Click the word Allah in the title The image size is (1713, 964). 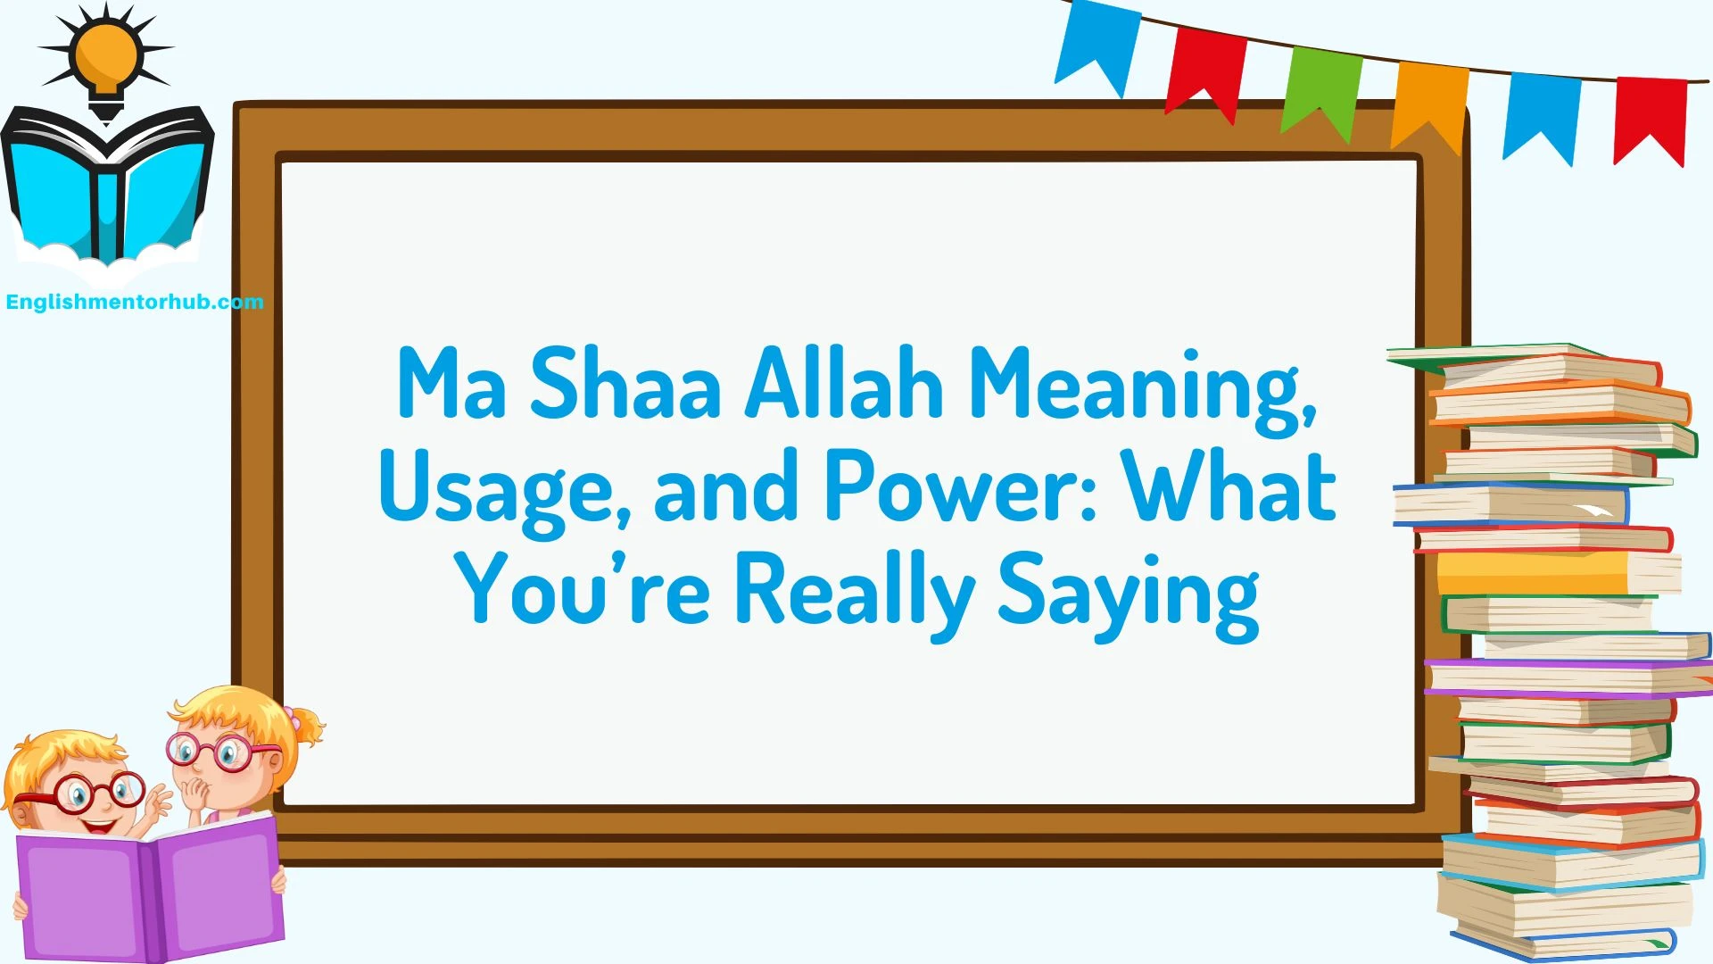point(844,384)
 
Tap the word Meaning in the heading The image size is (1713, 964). point(1142,386)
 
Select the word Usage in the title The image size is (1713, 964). point(504,489)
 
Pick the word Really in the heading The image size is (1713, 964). point(854,591)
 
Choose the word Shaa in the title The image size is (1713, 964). point(625,384)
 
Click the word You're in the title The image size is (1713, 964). point(583,589)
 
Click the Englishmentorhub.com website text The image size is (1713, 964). point(135,302)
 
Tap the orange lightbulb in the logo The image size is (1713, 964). point(106,56)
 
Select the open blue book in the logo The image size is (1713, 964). point(107,183)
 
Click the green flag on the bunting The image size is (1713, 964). point(1322,89)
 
